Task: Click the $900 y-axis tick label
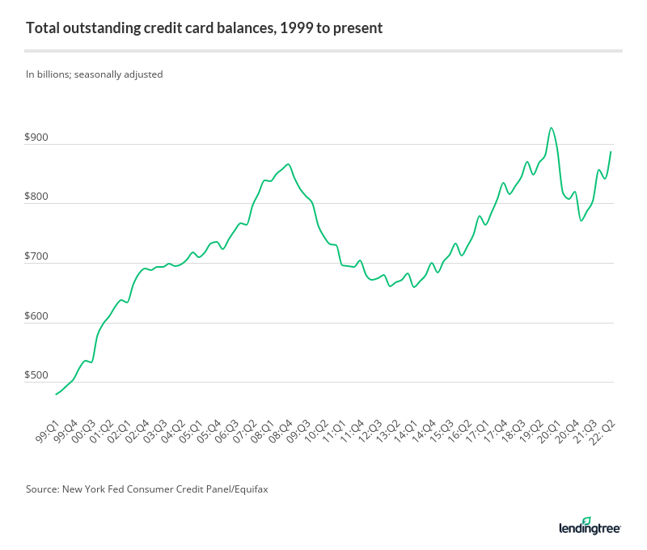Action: click(x=36, y=137)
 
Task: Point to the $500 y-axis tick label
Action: click(x=36, y=375)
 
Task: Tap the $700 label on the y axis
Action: click(x=36, y=256)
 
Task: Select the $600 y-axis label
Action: click(x=36, y=316)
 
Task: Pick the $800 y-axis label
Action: click(x=36, y=197)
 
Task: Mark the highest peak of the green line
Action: click(x=551, y=128)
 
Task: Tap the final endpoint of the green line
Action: click(x=611, y=152)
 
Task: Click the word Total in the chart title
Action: click(x=41, y=28)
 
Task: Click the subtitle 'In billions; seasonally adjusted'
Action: click(x=95, y=74)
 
